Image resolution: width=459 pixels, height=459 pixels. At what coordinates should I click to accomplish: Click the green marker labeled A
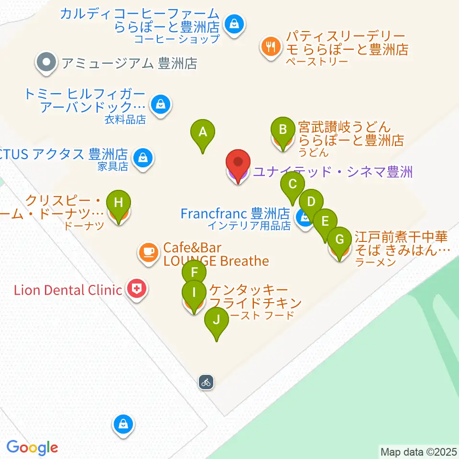pyautogui.click(x=203, y=132)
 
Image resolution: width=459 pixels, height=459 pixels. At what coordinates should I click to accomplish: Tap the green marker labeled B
pyautogui.click(x=283, y=131)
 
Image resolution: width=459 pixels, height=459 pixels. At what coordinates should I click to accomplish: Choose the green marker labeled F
pyautogui.click(x=194, y=274)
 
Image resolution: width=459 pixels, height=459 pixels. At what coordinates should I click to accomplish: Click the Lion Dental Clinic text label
pyautogui.click(x=68, y=290)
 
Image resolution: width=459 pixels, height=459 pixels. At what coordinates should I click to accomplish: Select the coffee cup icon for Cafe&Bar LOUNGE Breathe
pyautogui.click(x=149, y=251)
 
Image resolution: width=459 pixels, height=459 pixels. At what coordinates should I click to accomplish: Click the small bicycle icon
pyautogui.click(x=206, y=382)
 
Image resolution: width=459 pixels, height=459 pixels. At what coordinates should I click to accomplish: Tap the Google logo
pyautogui.click(x=32, y=448)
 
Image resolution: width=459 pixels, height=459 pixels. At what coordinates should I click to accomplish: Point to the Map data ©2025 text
pyautogui.click(x=419, y=451)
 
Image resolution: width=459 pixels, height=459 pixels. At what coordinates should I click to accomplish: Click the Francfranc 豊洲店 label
pyautogui.click(x=235, y=213)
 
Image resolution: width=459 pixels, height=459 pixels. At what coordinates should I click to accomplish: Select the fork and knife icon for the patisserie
pyautogui.click(x=272, y=46)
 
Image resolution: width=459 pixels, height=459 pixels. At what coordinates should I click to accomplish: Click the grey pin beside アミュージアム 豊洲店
pyautogui.click(x=46, y=62)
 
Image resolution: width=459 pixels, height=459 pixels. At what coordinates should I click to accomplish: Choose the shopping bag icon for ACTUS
pyautogui.click(x=142, y=156)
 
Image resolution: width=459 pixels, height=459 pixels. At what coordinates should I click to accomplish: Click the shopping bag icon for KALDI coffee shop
pyautogui.click(x=234, y=22)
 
